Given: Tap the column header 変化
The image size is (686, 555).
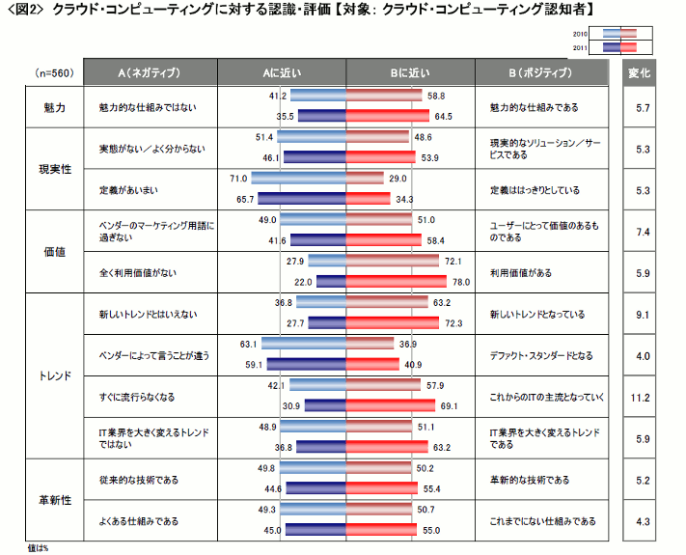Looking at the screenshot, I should coord(640,72).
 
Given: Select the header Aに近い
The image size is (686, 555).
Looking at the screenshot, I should coord(281,72).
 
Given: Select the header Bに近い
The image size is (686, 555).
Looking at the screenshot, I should coord(410,72).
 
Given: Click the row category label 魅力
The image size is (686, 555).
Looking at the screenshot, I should coord(54,106).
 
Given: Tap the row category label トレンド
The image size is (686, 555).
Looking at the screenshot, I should coord(54,376).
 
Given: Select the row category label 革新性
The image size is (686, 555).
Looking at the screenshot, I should coord(54,500).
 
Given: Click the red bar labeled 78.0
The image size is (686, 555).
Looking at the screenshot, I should coord(397,282).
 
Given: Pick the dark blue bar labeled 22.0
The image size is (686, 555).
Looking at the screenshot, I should coord(331,282).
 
